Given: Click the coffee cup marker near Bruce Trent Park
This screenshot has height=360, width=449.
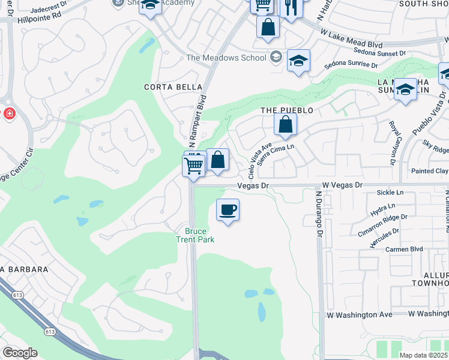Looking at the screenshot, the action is pos(227,211).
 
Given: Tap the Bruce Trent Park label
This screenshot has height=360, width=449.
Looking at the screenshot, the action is pos(196,235).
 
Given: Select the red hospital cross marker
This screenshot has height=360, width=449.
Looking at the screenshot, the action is pos(9,113).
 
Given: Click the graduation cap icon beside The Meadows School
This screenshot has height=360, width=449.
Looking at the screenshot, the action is pos(298,61).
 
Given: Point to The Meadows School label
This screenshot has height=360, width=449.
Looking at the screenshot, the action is pos(226,58).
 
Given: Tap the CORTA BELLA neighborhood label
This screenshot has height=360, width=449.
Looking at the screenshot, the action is pos(173,87).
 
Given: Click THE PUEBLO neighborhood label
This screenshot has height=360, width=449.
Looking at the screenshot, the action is pos(287,111).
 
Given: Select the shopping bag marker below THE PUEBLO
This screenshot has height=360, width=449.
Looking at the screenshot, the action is pos(286,125).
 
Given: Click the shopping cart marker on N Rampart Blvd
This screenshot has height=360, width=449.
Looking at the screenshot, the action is pos(194,165).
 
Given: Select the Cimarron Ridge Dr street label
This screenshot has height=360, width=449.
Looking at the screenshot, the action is pos(383,220).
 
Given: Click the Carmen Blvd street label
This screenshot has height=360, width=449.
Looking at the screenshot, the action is pos(404,249).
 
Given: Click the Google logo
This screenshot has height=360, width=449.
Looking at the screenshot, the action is pos(20,353).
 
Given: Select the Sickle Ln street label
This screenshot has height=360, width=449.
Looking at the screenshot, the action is pos(390,193).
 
